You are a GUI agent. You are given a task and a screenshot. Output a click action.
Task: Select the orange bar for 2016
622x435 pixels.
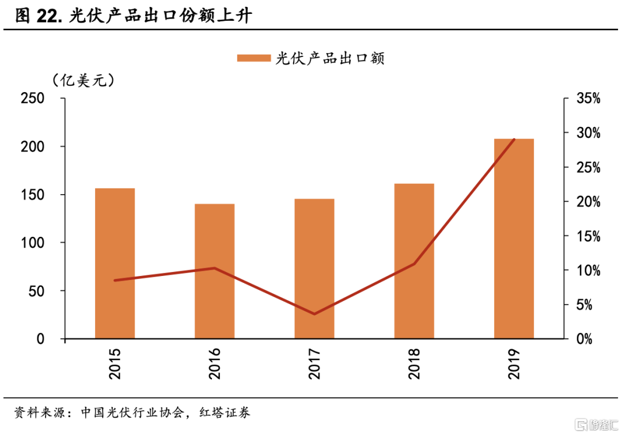pyautogui.click(x=214, y=271)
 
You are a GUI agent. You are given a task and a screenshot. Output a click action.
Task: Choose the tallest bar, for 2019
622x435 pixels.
pyautogui.click(x=514, y=239)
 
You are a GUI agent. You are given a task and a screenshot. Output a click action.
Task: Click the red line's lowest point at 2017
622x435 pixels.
pyautogui.click(x=314, y=314)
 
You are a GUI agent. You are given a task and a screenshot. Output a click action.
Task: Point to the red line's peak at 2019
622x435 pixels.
pyautogui.click(x=514, y=139)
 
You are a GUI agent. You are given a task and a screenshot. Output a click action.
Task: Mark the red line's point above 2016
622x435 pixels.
pyautogui.click(x=214, y=268)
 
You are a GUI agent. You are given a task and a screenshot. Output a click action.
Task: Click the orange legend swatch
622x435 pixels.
pyautogui.click(x=253, y=58)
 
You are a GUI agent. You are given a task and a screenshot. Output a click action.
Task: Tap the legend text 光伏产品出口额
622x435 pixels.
pyautogui.click(x=330, y=58)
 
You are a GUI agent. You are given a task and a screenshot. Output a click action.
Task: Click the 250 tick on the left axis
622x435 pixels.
pyautogui.click(x=33, y=99)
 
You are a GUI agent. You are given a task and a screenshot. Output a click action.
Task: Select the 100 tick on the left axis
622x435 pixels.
pyautogui.click(x=33, y=243)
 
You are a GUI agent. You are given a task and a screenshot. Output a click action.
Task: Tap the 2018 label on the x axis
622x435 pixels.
pyautogui.click(x=414, y=364)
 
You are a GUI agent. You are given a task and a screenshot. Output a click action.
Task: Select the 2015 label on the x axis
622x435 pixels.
pyautogui.click(x=115, y=364)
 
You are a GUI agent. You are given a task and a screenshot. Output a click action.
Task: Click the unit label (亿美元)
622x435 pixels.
pyautogui.click(x=84, y=81)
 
